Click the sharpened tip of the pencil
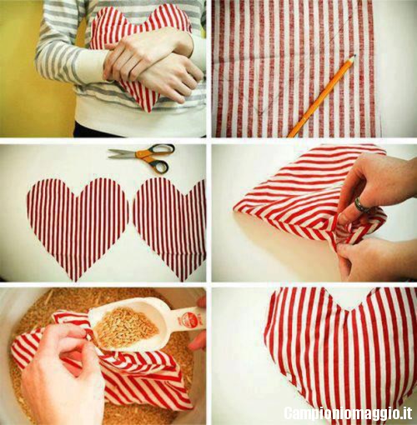355,55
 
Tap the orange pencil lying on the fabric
322,96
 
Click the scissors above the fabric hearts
142,157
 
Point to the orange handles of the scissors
156,157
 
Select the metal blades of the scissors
123,153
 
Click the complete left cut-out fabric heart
78,225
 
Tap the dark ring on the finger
361,204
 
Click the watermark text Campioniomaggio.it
348,412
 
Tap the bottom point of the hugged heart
148,111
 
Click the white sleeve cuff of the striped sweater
90,68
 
